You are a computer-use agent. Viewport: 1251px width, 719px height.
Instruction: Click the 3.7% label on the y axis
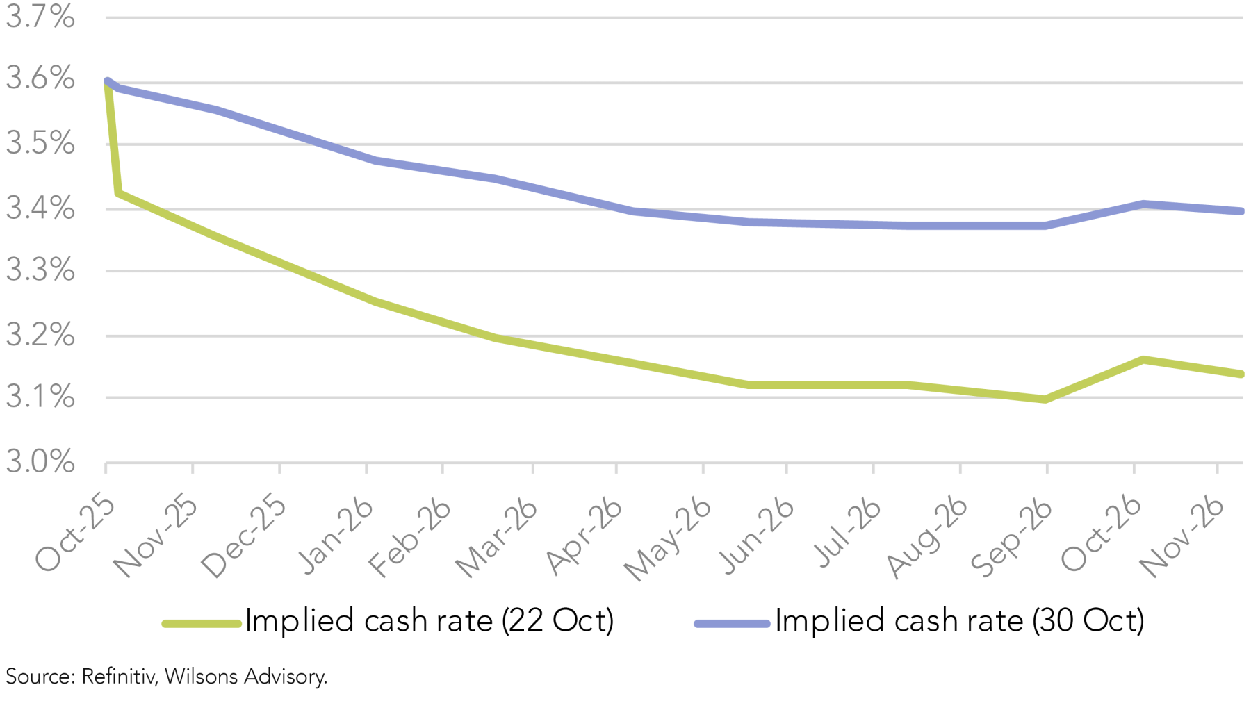[40, 17]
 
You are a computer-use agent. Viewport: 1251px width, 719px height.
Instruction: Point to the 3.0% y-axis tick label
[40, 462]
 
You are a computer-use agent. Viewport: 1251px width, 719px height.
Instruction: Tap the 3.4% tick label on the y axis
[40, 208]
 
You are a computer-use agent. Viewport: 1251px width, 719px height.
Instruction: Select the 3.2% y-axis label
[40, 336]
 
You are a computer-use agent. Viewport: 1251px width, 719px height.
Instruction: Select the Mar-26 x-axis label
[496, 538]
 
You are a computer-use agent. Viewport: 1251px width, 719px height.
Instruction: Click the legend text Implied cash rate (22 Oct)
[430, 621]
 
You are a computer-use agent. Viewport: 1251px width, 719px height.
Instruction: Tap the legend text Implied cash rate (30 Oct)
[959, 621]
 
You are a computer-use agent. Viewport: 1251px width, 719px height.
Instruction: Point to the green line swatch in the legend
[202, 624]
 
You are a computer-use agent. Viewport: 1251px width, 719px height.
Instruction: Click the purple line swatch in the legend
[732, 624]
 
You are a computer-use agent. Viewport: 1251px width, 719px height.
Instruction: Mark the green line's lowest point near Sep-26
[1045, 399]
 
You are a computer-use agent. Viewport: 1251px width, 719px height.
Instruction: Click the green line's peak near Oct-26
[1143, 360]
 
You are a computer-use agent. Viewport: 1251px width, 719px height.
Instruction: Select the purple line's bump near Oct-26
[1143, 204]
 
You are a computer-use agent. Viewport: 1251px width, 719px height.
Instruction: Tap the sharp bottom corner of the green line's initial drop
[119, 192]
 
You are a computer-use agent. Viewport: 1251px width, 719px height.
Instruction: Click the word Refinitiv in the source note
[118, 677]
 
